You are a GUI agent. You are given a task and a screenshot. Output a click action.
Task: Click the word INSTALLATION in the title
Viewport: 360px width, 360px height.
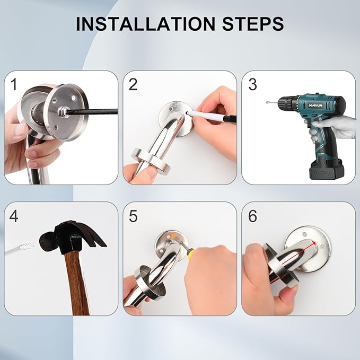pyautogui.click(x=145, y=24)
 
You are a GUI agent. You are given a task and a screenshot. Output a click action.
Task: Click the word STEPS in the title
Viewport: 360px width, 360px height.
pyautogui.click(x=253, y=24)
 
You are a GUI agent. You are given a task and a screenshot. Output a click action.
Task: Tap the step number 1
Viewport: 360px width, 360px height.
pyautogui.click(x=14, y=84)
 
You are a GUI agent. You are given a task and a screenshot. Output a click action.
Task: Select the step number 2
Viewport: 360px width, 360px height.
pyautogui.click(x=133, y=84)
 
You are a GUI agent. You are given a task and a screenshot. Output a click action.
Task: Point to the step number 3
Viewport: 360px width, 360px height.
pyautogui.click(x=252, y=84)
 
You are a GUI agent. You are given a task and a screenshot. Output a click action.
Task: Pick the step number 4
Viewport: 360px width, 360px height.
pyautogui.click(x=14, y=216)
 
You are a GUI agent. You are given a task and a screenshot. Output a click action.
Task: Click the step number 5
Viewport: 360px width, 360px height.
pyautogui.click(x=133, y=216)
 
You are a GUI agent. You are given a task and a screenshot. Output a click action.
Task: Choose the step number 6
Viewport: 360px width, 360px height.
pyautogui.click(x=252, y=216)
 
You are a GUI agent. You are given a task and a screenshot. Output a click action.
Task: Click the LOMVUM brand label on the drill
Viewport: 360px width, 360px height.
pyautogui.click(x=315, y=105)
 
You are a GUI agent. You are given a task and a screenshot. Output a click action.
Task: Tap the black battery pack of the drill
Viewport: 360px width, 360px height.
pyautogui.click(x=327, y=170)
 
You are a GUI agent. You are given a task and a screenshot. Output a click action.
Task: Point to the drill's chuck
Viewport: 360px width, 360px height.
pyautogui.click(x=285, y=103)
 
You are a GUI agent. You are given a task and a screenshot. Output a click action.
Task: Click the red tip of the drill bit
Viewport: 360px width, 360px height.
pyautogui.click(x=267, y=102)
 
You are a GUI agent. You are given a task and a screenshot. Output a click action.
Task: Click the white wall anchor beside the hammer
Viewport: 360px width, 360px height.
pyautogui.click(x=20, y=249)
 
